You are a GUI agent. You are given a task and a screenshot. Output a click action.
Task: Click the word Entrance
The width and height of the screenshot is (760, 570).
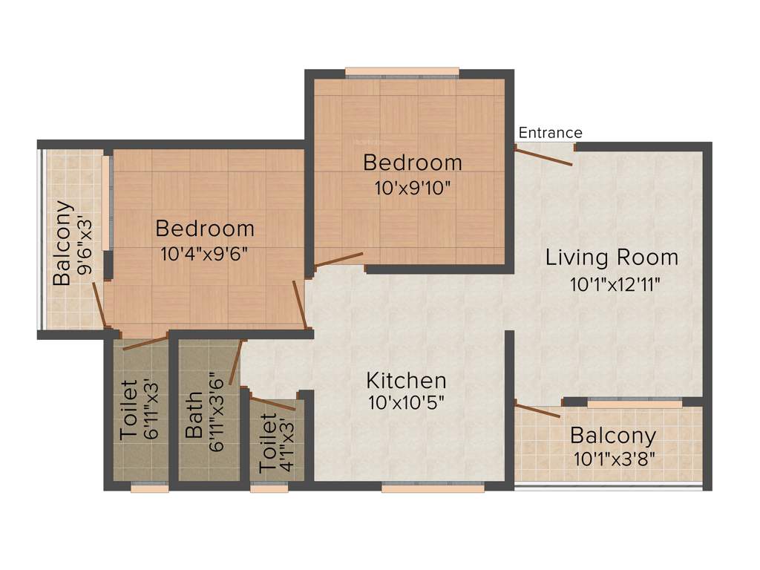[550, 133]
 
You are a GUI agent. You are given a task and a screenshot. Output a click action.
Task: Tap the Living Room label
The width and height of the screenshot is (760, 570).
[612, 258]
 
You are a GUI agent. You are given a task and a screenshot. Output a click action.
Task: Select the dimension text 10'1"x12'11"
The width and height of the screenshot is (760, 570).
[615, 284]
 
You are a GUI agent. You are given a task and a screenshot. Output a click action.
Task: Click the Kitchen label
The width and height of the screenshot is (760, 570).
[407, 381]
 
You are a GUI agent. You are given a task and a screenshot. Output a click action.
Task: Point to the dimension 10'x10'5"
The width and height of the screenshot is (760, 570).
[407, 403]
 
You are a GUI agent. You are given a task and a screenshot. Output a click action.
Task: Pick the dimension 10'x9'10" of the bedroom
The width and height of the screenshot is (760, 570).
[412, 186]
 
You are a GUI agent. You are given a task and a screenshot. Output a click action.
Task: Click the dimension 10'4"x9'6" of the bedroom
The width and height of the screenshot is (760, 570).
[204, 253]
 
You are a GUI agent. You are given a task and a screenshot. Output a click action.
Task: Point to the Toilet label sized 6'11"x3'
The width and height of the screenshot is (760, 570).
[128, 410]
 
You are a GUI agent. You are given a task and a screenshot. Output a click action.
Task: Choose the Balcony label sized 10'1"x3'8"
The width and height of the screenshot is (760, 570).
[612, 436]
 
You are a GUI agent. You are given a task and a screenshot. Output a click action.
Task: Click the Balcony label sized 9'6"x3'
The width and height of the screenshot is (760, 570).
[62, 243]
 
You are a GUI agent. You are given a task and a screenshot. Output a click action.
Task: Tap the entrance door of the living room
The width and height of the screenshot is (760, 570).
[544, 156]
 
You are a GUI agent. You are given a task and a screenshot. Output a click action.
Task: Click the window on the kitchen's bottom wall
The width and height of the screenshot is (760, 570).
[433, 488]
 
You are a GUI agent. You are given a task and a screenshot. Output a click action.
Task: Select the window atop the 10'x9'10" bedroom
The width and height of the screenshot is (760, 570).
[402, 72]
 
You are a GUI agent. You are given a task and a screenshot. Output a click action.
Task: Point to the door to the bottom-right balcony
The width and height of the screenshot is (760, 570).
[537, 410]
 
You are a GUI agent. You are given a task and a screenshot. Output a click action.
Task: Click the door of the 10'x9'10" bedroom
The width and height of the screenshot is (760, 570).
[338, 260]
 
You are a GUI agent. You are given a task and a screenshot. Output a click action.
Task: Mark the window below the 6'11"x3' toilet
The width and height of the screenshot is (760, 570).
[150, 488]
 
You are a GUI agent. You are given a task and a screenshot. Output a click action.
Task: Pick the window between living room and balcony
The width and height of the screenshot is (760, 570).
[635, 403]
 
